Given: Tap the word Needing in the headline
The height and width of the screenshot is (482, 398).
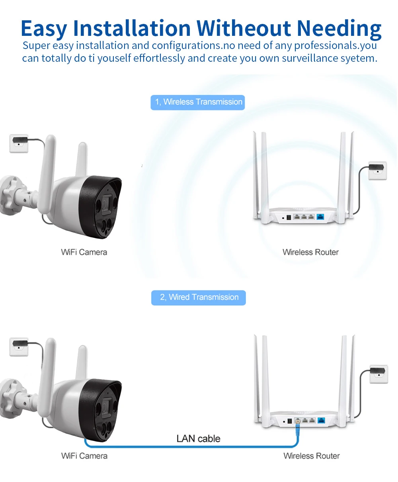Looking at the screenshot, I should (339, 28).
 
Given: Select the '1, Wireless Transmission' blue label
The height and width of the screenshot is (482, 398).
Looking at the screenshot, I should (198, 102).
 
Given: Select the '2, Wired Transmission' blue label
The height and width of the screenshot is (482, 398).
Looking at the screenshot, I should (199, 298).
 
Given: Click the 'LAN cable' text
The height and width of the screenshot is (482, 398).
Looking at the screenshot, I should (198, 439).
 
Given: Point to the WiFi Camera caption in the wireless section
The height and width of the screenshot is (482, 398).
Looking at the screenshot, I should (84, 252).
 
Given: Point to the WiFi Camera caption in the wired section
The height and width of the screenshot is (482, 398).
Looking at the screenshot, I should (84, 456).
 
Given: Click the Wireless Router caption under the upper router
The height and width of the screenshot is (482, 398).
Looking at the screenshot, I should (310, 252).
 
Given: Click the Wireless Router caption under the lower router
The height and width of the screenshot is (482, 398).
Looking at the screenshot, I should (312, 456).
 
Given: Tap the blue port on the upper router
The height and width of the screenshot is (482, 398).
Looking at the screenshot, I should (320, 217).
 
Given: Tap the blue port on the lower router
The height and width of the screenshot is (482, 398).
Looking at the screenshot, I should (321, 420).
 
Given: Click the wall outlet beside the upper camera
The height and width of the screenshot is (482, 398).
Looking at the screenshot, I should (19, 143).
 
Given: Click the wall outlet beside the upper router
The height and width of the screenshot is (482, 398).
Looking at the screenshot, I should (377, 170).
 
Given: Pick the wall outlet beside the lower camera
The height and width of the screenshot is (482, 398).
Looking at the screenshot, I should (19, 346).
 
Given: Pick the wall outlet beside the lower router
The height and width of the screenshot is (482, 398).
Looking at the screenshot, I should (378, 374).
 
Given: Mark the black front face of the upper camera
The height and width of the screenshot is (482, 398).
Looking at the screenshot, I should (101, 207).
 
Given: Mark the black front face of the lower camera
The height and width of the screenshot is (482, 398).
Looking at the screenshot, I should (101, 410).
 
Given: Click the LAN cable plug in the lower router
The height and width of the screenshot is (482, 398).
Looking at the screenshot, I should (297, 422).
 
